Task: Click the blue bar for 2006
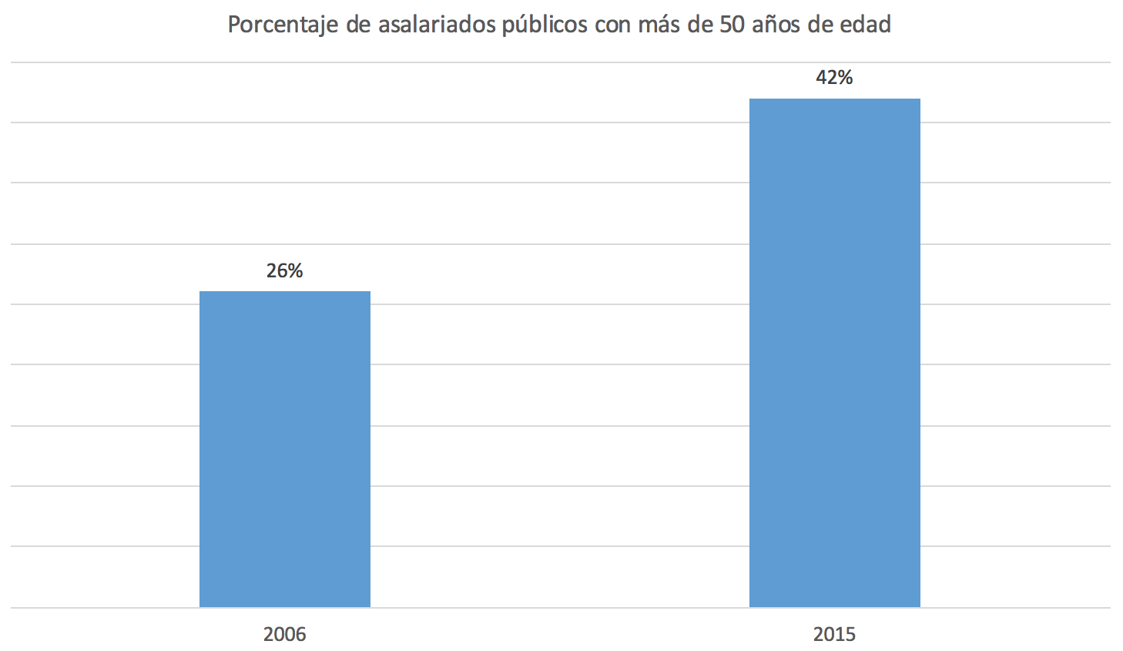click(x=285, y=449)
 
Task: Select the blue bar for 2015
click(x=835, y=353)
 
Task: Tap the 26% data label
click(x=285, y=271)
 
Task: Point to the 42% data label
click(x=835, y=78)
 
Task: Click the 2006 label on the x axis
click(x=285, y=634)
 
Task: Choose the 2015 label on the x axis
click(x=835, y=634)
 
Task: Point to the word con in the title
click(x=613, y=25)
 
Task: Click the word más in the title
click(x=660, y=25)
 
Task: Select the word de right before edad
click(x=822, y=25)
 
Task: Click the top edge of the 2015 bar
click(x=835, y=99)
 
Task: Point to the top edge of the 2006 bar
click(x=285, y=292)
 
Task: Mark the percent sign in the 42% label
click(x=845, y=78)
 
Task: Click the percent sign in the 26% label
click(x=295, y=271)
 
